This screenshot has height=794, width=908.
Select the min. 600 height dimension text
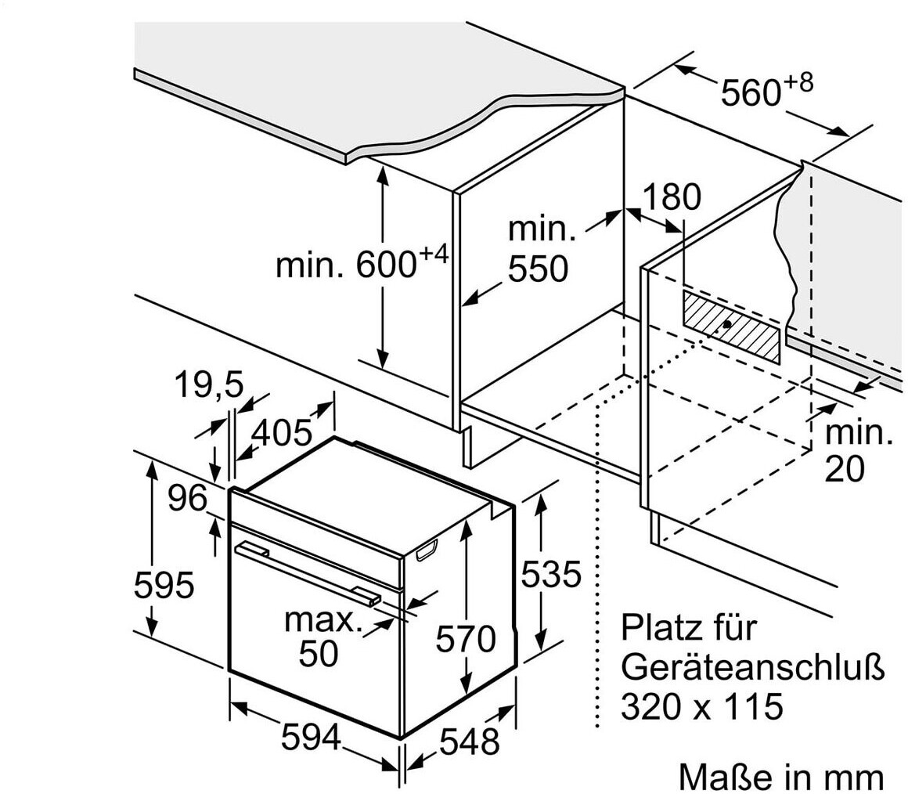click(361, 264)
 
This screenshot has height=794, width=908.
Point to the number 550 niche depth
click(537, 269)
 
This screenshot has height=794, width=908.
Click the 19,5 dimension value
click(208, 385)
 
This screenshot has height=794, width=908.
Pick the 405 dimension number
click(281, 432)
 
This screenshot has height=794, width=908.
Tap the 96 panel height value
click(188, 499)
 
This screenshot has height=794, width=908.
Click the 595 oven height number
click(163, 585)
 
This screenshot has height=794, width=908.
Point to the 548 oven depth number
click(468, 741)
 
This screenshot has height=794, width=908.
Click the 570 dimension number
click(466, 639)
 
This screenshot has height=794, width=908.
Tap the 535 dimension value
click(551, 575)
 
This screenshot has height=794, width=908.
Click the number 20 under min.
click(845, 468)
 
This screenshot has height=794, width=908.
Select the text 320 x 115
click(701, 707)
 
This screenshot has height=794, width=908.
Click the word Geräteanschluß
click(753, 668)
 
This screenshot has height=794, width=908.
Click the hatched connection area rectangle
click(731, 326)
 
